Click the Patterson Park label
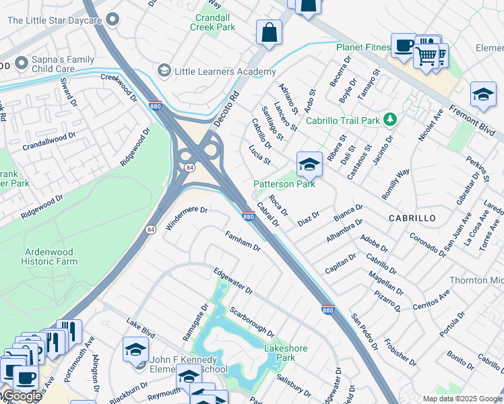[284, 184]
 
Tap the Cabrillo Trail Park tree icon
[389, 119]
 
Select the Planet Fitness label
[364, 47]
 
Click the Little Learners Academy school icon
[164, 71]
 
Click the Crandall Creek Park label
[215, 22]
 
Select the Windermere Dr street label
[185, 217]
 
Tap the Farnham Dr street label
[243, 240]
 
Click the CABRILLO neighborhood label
[412, 219]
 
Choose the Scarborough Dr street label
[251, 322]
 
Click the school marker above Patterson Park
[309, 164]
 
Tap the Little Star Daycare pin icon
[113, 19]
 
